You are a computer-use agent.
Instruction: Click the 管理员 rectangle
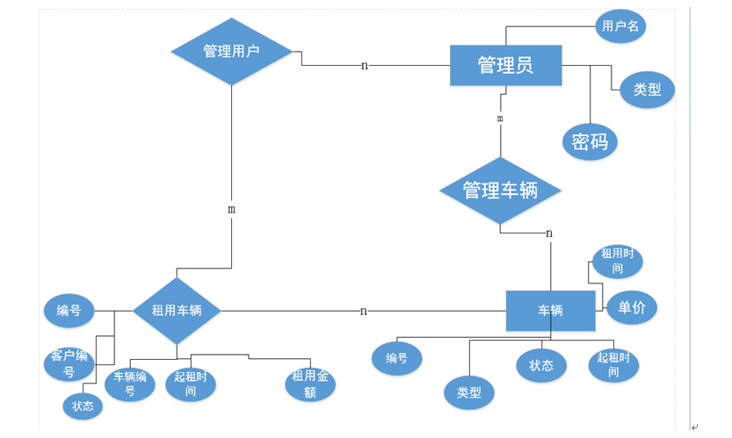click(x=505, y=65)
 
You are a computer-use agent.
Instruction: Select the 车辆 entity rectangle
click(x=550, y=311)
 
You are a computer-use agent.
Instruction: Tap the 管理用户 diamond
click(x=231, y=51)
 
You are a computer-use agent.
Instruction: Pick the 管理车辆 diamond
click(x=500, y=190)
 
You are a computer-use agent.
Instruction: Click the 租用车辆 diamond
click(x=177, y=311)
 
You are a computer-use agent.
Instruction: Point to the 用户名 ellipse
click(x=620, y=25)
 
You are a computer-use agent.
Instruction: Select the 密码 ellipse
click(x=590, y=141)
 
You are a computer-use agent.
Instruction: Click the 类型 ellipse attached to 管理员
click(x=647, y=90)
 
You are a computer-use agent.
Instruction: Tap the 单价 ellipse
click(x=632, y=308)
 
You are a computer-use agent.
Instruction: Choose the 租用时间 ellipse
click(x=617, y=261)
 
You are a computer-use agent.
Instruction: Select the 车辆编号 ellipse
click(x=130, y=384)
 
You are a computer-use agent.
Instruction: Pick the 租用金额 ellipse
click(x=310, y=384)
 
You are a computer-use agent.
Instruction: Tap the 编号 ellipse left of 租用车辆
click(x=69, y=311)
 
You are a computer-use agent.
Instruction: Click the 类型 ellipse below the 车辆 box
click(x=469, y=392)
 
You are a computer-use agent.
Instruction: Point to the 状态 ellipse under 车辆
click(x=541, y=365)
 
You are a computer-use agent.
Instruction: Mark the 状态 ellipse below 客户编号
click(x=83, y=406)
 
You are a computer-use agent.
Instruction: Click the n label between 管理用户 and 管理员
click(x=364, y=66)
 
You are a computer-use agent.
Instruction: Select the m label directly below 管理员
click(x=500, y=118)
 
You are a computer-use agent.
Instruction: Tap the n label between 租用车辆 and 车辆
click(x=363, y=311)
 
